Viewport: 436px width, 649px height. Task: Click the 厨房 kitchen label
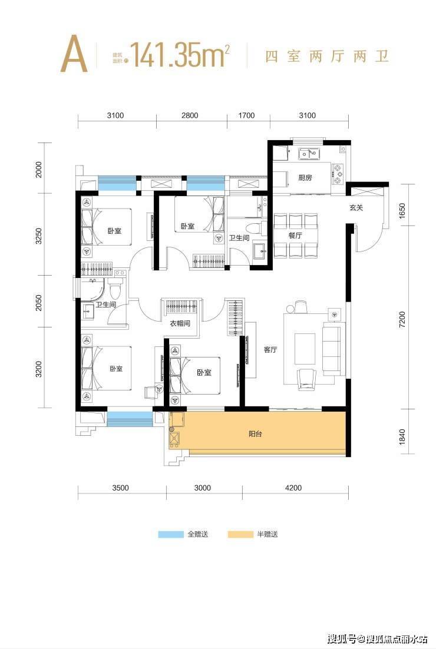click(305, 178)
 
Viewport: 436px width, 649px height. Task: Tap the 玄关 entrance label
click(356, 208)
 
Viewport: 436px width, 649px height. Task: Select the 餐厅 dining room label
click(295, 236)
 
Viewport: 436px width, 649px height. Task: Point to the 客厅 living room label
click(270, 350)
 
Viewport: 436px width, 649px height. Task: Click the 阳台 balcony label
click(255, 434)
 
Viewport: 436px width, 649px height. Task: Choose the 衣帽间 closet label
click(180, 323)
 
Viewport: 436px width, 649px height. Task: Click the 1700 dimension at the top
click(246, 115)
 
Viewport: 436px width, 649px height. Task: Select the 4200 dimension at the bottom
click(293, 488)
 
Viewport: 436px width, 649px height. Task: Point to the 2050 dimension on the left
click(39, 303)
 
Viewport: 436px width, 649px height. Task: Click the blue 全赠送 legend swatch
click(171, 534)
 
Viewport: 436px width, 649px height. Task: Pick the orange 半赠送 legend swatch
click(240, 534)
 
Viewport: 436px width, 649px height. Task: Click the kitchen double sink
click(309, 154)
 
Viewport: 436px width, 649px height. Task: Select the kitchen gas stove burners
click(338, 174)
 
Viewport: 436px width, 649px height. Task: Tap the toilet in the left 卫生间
click(114, 287)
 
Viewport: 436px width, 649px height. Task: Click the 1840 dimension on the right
click(402, 437)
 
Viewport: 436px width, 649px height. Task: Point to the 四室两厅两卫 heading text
click(327, 56)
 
